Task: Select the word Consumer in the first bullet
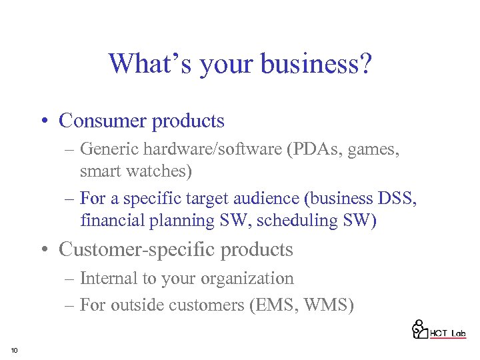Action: (x=103, y=121)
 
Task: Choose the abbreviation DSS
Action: (x=399, y=198)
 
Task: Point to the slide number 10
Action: (x=14, y=350)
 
